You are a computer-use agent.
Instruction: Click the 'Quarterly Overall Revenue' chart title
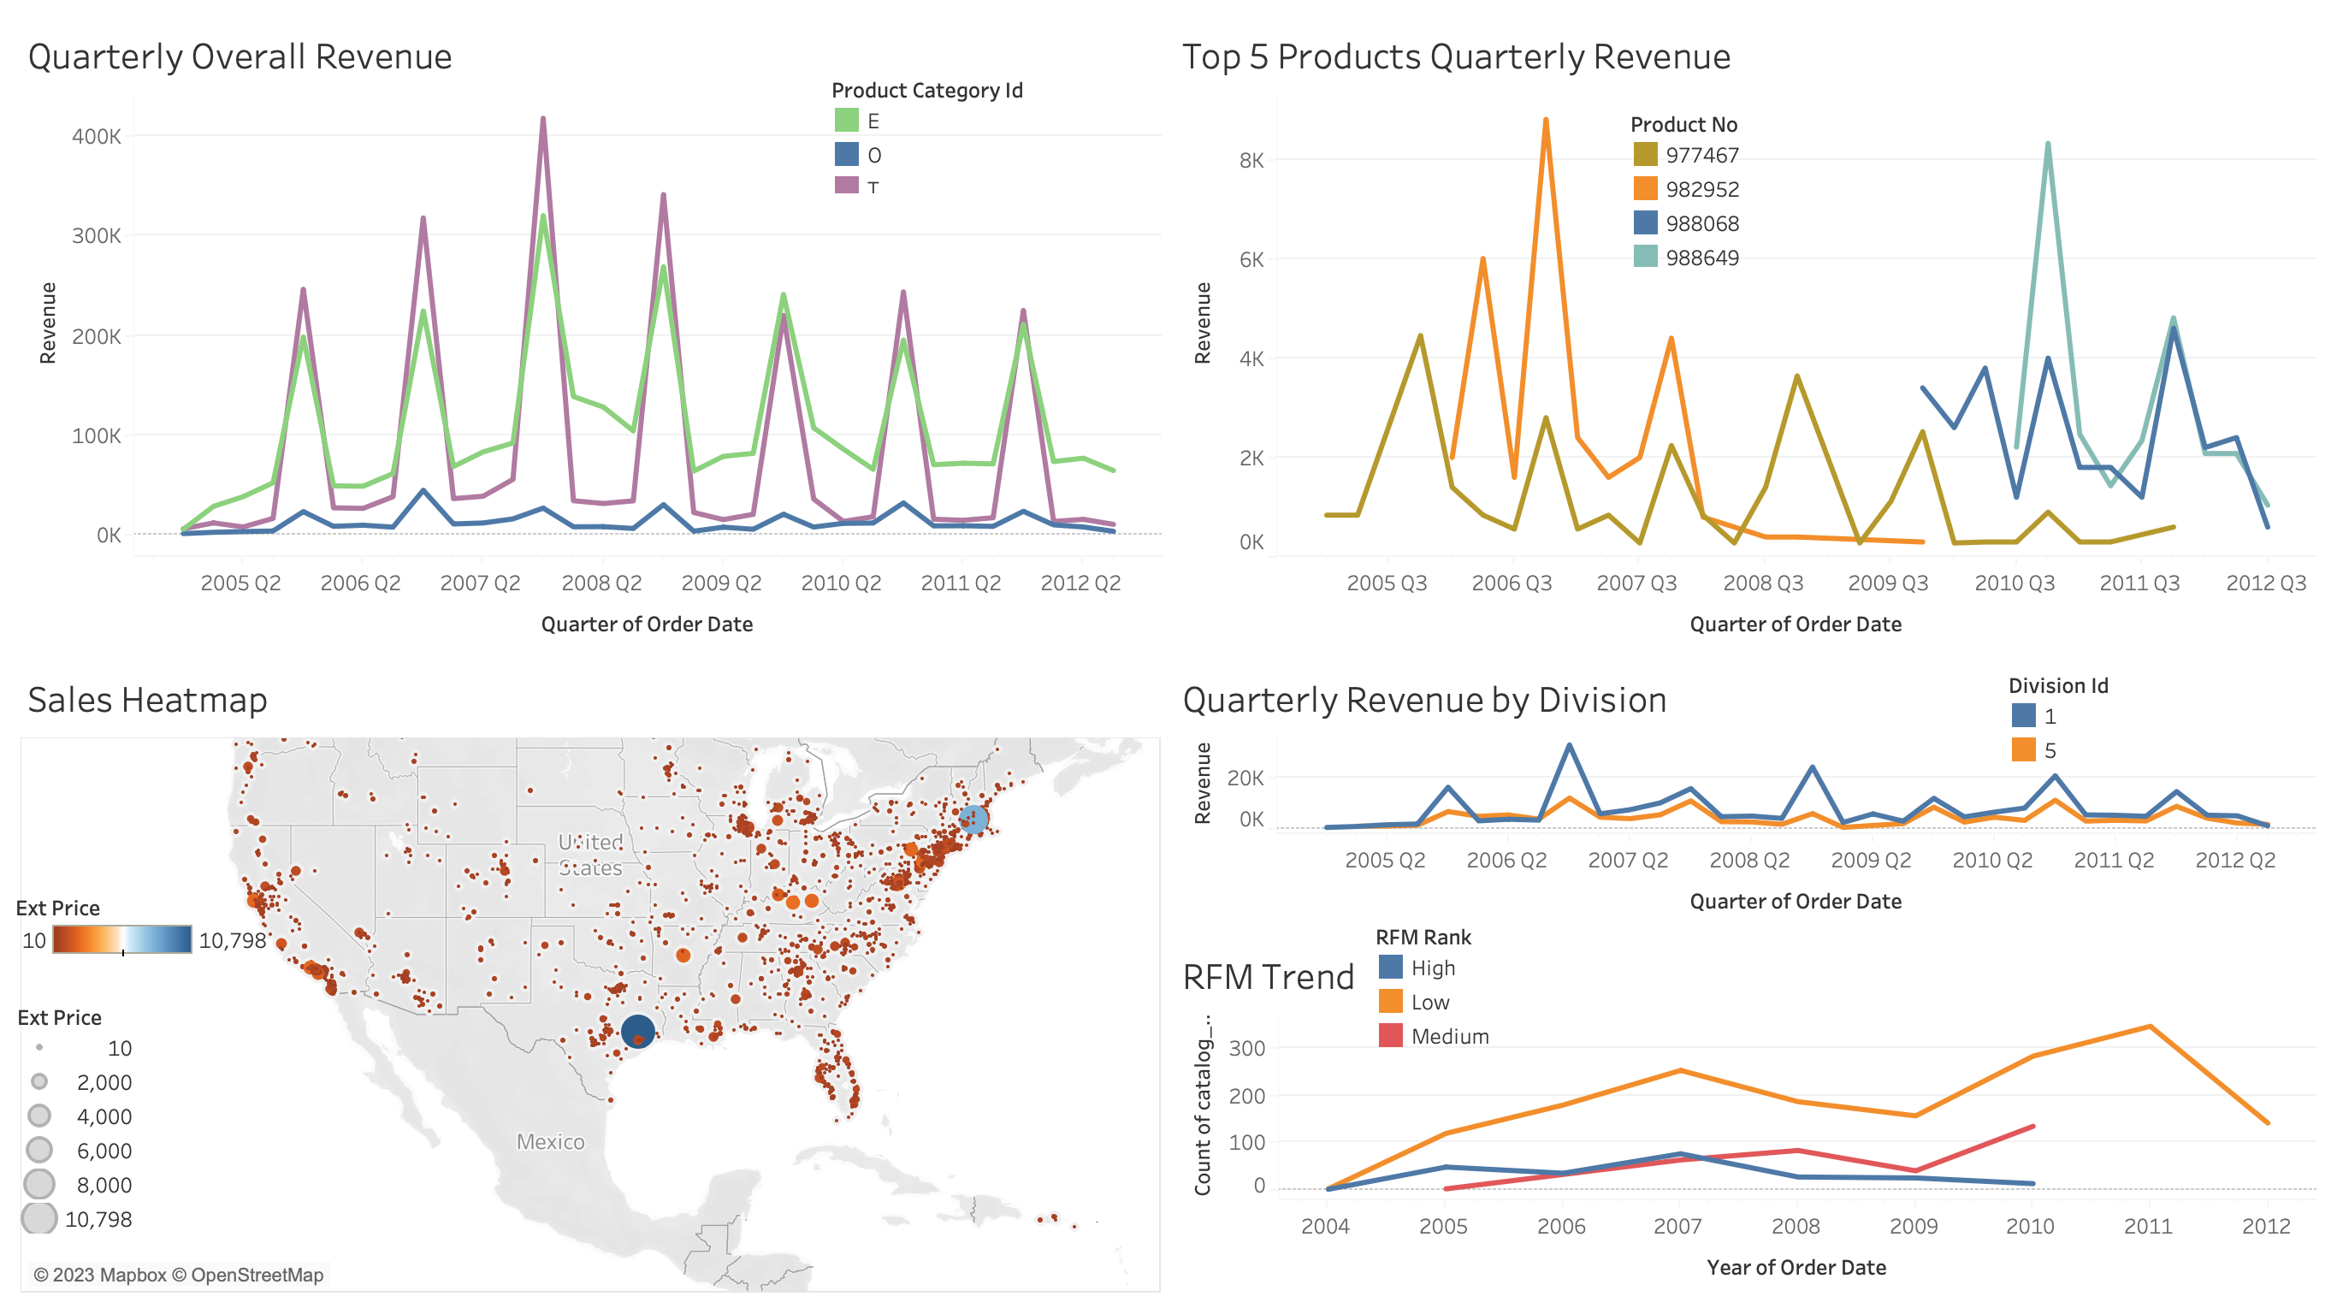point(240,56)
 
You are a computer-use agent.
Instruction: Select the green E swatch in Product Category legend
point(845,121)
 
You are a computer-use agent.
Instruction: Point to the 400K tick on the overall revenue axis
point(96,136)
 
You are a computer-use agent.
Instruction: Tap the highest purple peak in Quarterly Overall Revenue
point(542,119)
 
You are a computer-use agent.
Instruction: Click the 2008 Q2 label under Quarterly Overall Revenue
point(601,583)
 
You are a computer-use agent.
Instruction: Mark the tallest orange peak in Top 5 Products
point(1545,121)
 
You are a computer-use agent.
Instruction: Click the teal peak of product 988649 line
point(2048,145)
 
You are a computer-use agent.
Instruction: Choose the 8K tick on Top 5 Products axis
point(1251,161)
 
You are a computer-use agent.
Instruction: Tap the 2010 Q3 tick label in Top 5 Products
point(2014,583)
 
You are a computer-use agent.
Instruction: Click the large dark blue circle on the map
point(638,1031)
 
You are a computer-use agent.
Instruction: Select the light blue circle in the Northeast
point(973,819)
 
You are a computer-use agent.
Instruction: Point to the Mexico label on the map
point(550,1141)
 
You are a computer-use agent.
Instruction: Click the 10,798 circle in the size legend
point(39,1218)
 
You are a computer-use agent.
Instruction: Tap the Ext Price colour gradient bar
point(121,939)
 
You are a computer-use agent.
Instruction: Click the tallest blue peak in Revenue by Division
point(1570,746)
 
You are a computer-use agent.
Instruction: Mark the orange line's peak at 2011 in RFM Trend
point(2149,1027)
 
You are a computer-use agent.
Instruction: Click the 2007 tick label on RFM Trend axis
point(1677,1226)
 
